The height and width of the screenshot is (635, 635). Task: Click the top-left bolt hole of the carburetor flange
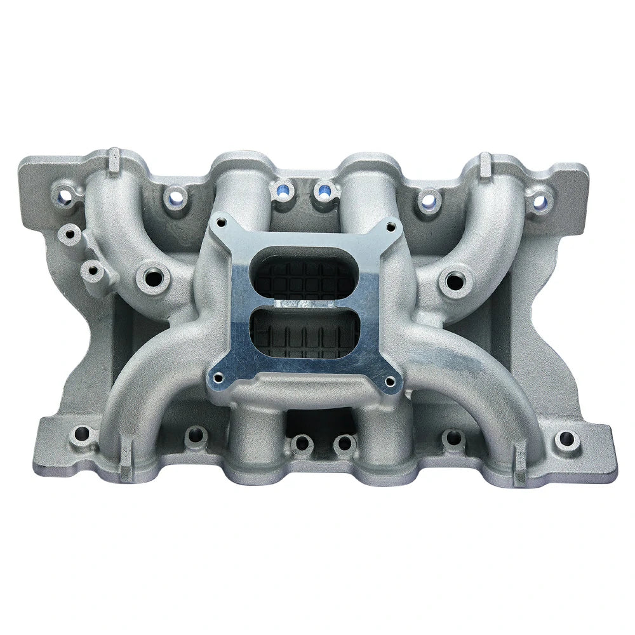[x=220, y=222]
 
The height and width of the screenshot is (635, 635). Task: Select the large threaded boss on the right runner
[x=453, y=279]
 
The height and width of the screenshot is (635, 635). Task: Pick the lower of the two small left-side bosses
[x=93, y=271]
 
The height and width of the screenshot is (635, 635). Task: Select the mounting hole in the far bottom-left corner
[x=81, y=435]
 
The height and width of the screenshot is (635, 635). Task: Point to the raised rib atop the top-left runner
[x=114, y=159]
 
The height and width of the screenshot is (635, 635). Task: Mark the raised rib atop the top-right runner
[x=485, y=163]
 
